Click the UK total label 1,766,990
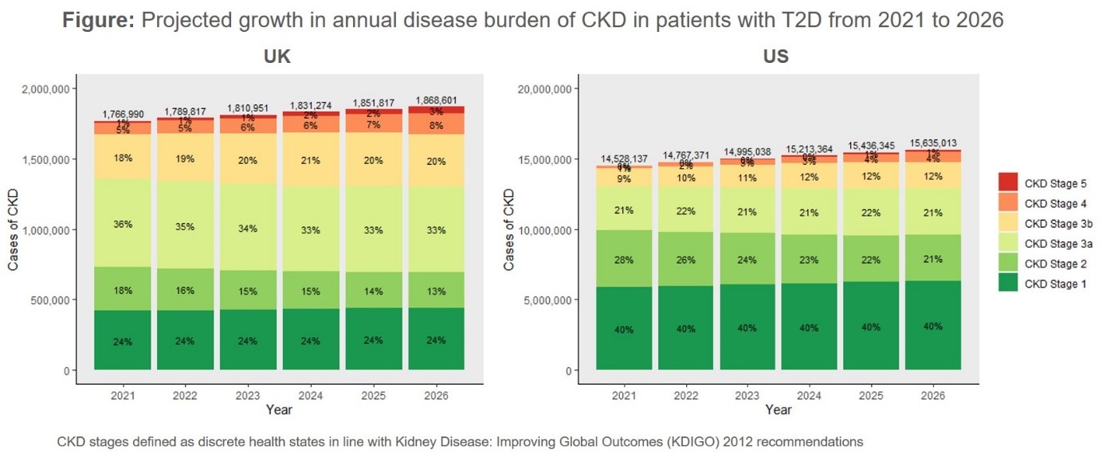pyautogui.click(x=123, y=115)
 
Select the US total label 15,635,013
pyautogui.click(x=932, y=143)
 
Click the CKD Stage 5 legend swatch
pyautogui.click(x=1008, y=183)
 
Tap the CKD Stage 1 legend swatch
pyautogui.click(x=1008, y=284)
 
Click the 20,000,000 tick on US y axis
pyautogui.click(x=538, y=88)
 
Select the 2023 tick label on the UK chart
pyautogui.click(x=247, y=395)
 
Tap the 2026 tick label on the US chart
pyautogui.click(x=932, y=395)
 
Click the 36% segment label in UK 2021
pyautogui.click(x=123, y=225)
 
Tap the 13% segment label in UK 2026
pyautogui.click(x=435, y=291)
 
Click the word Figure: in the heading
pyautogui.click(x=97, y=21)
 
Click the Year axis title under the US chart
pyautogui.click(x=779, y=410)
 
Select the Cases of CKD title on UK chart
pyautogui.click(x=14, y=229)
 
